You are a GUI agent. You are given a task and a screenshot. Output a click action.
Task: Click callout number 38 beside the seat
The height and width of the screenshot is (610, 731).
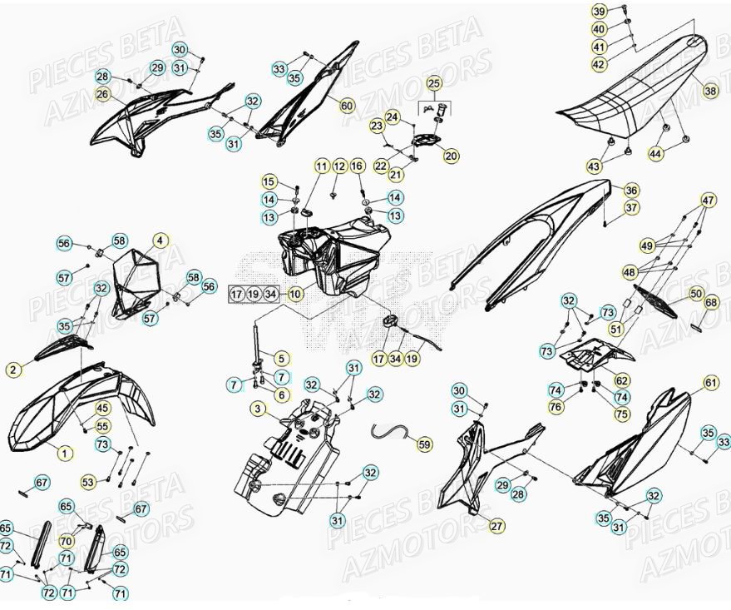click(x=710, y=91)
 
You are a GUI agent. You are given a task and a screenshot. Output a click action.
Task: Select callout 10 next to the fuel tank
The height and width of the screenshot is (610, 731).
click(x=295, y=294)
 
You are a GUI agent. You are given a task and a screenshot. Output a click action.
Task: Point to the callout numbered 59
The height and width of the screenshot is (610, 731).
click(x=425, y=445)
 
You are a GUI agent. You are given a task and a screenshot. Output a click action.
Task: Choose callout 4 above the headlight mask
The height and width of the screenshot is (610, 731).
click(x=161, y=241)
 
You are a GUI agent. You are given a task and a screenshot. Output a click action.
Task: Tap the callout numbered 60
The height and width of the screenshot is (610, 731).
click(x=346, y=106)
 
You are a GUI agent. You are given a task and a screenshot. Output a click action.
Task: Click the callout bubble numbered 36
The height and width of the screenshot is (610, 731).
click(x=632, y=191)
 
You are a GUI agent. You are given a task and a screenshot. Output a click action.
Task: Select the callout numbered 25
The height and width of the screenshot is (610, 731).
click(x=433, y=83)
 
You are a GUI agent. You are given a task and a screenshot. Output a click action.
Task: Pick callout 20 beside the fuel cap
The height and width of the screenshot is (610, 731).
click(x=451, y=156)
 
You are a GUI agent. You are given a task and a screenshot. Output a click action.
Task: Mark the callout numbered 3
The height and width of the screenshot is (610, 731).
click(x=259, y=409)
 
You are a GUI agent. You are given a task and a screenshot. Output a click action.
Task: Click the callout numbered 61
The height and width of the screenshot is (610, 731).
click(x=710, y=383)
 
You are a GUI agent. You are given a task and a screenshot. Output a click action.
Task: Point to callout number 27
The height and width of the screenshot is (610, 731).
click(x=496, y=526)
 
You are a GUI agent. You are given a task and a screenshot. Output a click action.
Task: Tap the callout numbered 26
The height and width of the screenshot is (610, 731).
click(x=102, y=95)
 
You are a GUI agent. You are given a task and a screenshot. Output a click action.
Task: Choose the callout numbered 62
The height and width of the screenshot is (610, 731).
click(x=622, y=379)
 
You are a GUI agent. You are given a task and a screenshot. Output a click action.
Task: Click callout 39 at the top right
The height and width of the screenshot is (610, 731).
click(x=623, y=11)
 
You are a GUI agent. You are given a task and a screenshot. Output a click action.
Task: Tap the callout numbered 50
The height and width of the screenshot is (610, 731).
click(x=696, y=294)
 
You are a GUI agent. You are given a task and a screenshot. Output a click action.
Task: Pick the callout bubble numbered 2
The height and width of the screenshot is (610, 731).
click(x=13, y=369)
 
